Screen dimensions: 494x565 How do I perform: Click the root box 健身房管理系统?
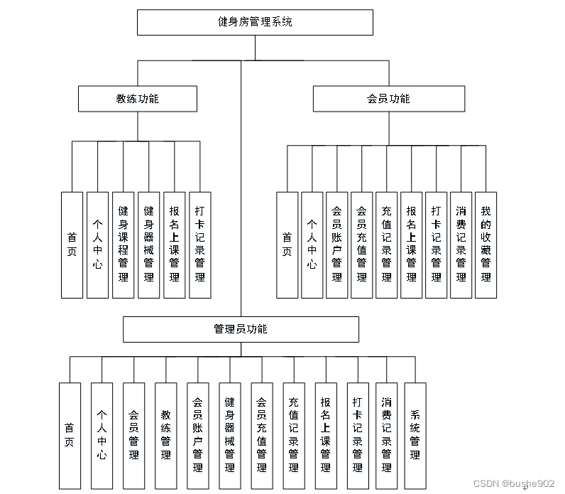255,22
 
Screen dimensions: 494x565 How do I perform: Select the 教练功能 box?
138,99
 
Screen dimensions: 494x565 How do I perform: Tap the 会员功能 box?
388,99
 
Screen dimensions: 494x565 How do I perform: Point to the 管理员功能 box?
241,329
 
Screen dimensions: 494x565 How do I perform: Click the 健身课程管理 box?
124,245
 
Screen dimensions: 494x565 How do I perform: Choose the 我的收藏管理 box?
486,245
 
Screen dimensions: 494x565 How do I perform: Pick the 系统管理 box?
415,434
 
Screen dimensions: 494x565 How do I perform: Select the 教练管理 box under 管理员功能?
166,434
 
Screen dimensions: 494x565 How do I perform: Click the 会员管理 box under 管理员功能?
134,434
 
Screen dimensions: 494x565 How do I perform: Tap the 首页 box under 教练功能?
72,245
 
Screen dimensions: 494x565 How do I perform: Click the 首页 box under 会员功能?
287,245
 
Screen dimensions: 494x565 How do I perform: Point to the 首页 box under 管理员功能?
70,434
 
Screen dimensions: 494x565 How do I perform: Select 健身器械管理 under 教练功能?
149,245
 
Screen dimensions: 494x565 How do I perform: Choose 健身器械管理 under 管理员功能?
230,434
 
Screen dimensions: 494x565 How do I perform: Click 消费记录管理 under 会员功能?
461,245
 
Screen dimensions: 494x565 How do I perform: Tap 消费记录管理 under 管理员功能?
387,434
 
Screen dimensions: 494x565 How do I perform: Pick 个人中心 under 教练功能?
98,245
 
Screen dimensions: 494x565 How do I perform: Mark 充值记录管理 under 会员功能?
386,245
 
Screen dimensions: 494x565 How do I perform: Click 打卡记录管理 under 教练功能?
200,245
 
